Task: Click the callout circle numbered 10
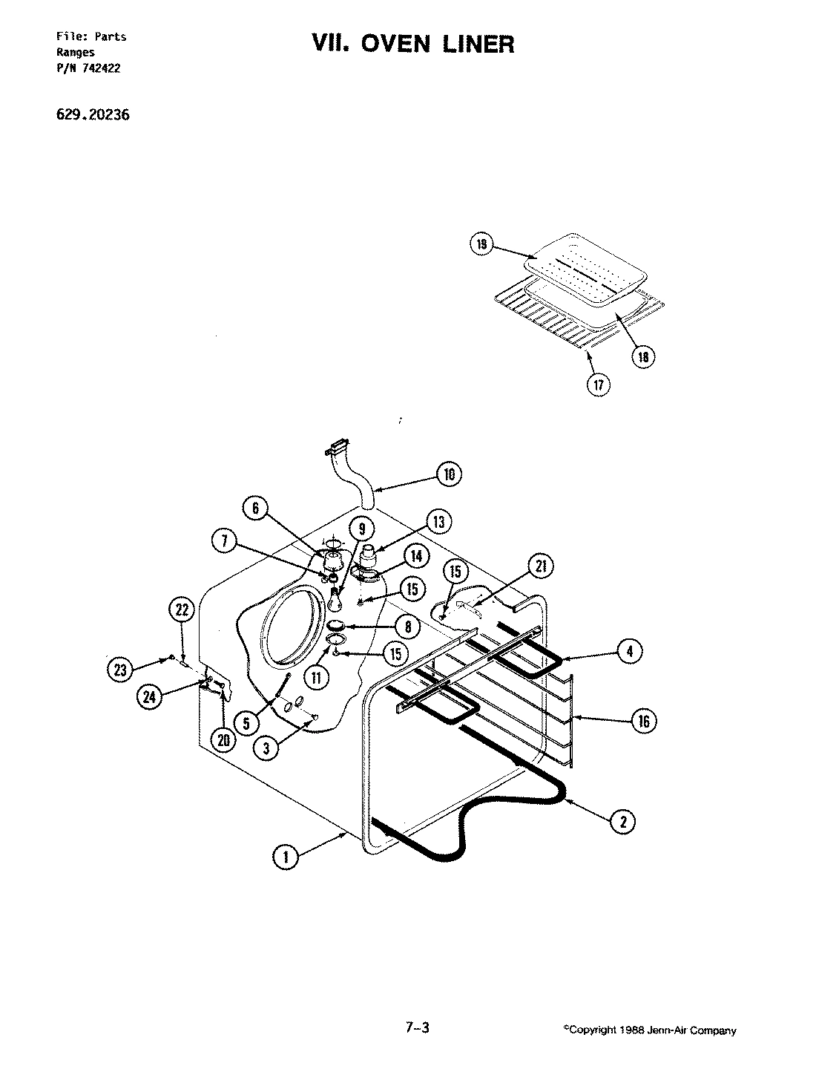pos(449,474)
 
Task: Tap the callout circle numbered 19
pos(481,245)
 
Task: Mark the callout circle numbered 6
pos(254,508)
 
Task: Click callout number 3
pos(266,749)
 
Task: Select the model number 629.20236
pos(87,115)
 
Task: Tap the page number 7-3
pos(417,1027)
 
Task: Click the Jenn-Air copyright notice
pos(649,1030)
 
